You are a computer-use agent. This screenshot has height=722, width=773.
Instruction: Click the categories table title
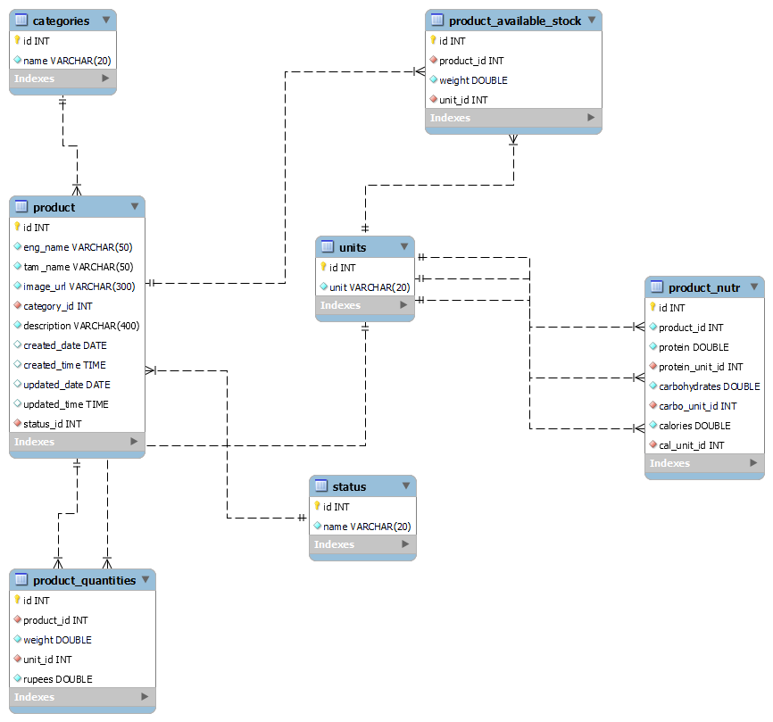click(61, 21)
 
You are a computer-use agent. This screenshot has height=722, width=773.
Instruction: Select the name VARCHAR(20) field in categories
click(67, 61)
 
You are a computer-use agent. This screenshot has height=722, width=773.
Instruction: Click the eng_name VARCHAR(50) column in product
click(78, 247)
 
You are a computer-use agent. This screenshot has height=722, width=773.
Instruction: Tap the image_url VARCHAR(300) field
click(79, 286)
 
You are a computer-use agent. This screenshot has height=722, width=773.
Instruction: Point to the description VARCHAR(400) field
click(81, 326)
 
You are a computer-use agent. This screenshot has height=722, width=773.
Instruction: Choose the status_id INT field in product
click(53, 424)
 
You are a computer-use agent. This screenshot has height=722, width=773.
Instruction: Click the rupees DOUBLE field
click(57, 679)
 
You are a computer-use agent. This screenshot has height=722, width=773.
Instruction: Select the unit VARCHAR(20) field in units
click(370, 287)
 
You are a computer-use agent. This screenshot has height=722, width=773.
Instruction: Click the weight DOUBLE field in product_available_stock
click(473, 80)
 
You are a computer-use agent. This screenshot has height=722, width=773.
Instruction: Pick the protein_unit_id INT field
click(701, 367)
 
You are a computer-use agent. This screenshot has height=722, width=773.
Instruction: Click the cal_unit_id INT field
click(691, 445)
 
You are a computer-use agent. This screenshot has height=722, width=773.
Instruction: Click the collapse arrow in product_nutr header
click(754, 286)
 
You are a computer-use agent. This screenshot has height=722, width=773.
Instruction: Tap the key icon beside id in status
click(317, 506)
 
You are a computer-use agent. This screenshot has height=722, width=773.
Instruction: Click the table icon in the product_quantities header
click(22, 580)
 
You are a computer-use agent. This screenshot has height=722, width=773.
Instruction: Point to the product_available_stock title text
click(515, 21)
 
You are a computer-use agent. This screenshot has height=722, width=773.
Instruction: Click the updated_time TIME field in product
click(66, 404)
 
